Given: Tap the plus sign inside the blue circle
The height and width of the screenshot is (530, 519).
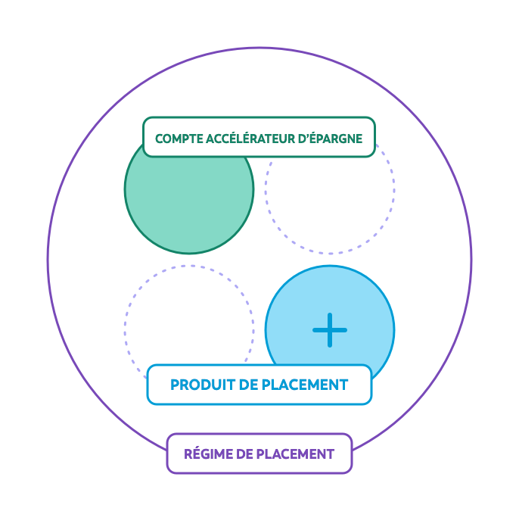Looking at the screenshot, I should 330,330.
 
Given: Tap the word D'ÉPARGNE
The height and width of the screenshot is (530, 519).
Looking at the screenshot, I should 331,139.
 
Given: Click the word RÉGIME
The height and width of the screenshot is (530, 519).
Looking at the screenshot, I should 207,454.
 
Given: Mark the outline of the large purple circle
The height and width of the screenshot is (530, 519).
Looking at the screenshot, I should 48,260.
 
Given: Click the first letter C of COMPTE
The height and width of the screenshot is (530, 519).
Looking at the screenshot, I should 159,139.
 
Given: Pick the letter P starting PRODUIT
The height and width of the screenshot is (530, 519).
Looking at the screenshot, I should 175,385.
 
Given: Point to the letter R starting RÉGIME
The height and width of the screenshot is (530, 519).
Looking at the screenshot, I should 188,454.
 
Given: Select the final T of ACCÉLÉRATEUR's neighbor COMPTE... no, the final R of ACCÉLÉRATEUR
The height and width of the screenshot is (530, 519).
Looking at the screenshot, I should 295,139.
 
